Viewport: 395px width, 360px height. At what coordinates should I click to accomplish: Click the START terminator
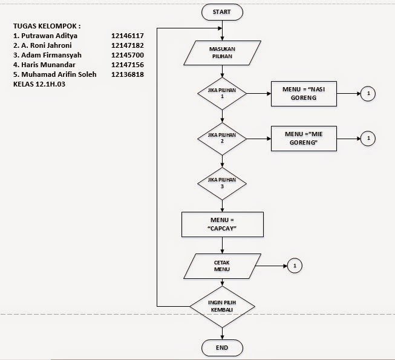pyautogui.click(x=222, y=11)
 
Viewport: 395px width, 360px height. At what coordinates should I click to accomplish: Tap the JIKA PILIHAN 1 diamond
pyautogui.click(x=222, y=94)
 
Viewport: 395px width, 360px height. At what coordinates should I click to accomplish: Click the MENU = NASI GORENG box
pyautogui.click(x=304, y=94)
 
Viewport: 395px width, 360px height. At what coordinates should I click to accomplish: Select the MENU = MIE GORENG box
pyautogui.click(x=304, y=139)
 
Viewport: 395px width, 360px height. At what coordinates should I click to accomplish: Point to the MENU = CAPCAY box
pyautogui.click(x=222, y=224)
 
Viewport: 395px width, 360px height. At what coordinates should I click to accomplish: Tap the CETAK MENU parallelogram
pyautogui.click(x=222, y=266)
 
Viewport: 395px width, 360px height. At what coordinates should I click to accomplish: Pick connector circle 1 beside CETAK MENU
pyautogui.click(x=294, y=266)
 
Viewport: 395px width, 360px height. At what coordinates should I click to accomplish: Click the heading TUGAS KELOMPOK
pyautogui.click(x=47, y=27)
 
